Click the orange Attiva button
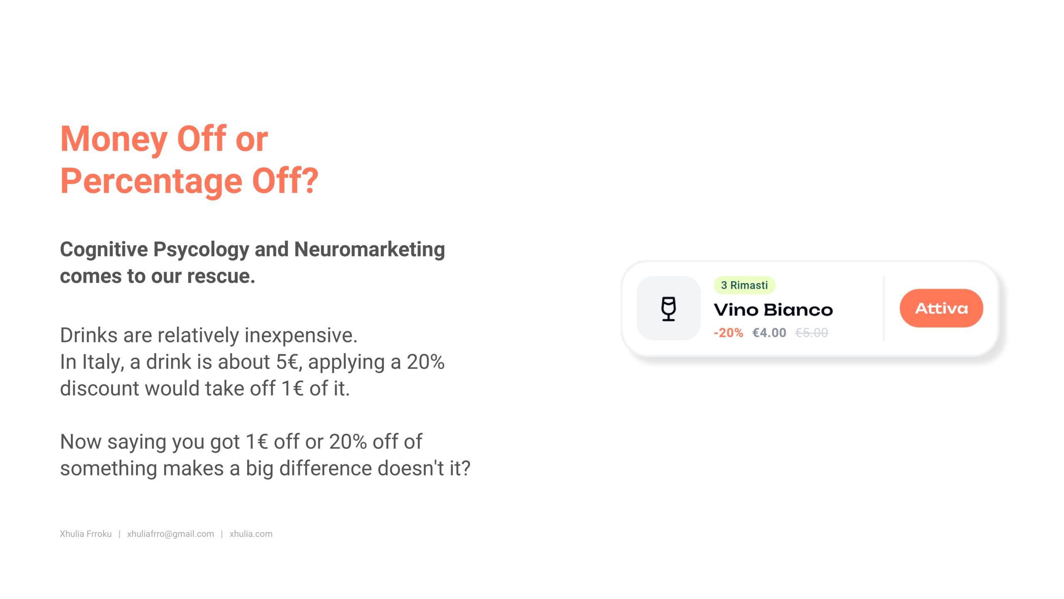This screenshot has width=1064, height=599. pyautogui.click(x=941, y=308)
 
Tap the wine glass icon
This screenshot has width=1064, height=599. pyautogui.click(x=668, y=309)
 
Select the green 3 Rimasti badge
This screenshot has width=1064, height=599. pyautogui.click(x=744, y=285)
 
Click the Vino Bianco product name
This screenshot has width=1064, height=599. pyautogui.click(x=773, y=310)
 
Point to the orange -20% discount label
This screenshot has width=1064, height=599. pyautogui.click(x=728, y=333)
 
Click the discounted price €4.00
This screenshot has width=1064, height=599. pyautogui.click(x=769, y=333)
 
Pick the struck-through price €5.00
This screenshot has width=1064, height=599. pyautogui.click(x=811, y=333)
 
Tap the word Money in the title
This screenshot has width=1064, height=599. pyautogui.click(x=114, y=139)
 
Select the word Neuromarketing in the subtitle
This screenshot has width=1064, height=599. pyautogui.click(x=369, y=250)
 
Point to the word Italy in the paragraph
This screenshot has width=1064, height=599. pyautogui.click(x=103, y=362)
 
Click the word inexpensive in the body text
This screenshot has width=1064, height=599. pyautogui.click(x=301, y=335)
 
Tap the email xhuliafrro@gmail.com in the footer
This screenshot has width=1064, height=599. pyautogui.click(x=170, y=534)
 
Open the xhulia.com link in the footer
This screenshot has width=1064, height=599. pyautogui.click(x=251, y=534)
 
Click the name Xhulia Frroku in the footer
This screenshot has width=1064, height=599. pyautogui.click(x=86, y=534)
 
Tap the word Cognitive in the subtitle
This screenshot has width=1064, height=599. pyautogui.click(x=104, y=250)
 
